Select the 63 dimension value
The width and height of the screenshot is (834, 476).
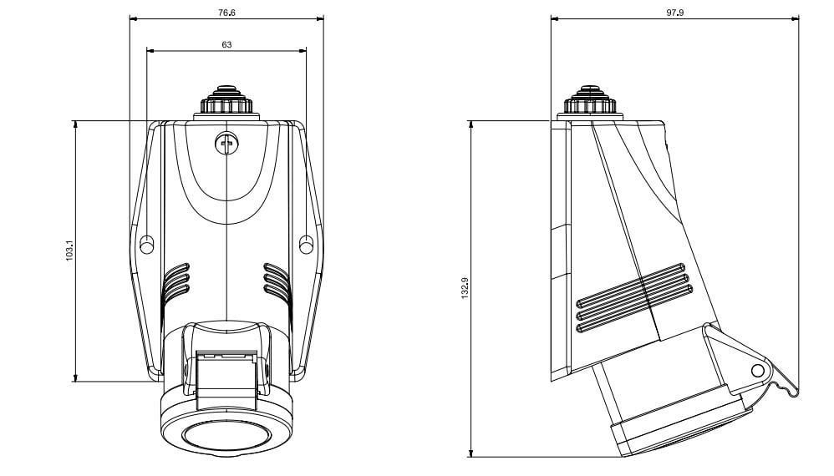[x=226, y=44]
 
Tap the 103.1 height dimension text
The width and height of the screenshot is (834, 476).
[x=69, y=251]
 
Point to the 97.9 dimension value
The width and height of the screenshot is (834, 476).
[x=675, y=13]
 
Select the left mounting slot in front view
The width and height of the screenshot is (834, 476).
[x=147, y=245]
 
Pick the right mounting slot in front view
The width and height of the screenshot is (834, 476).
[x=306, y=245]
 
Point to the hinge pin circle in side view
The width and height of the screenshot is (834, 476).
[x=758, y=370]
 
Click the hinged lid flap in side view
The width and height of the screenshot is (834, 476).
[x=748, y=363]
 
